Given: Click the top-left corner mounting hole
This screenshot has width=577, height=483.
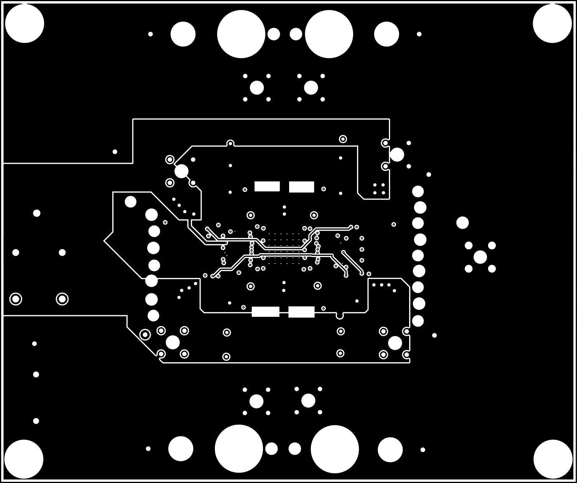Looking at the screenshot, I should click(24, 23).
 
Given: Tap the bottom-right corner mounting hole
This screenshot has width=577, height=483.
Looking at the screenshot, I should click(553, 459).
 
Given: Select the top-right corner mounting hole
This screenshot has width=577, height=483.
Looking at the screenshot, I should click(552, 23).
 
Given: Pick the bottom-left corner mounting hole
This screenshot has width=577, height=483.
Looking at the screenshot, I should click(24, 459).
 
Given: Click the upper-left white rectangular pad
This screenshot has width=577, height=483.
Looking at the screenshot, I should click(267, 186).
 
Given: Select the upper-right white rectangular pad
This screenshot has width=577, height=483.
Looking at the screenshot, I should click(302, 187).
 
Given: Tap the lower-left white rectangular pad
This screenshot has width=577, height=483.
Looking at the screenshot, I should click(265, 312).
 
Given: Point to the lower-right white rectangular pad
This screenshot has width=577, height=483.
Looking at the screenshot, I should click(302, 312).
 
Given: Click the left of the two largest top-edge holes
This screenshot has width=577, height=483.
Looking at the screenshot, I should click(241, 34).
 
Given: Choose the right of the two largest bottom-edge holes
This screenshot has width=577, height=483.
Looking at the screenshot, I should click(335, 449).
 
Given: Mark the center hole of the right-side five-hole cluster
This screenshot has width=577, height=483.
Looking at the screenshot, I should click(480, 257).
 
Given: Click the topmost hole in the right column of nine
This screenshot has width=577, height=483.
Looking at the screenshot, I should click(418, 191).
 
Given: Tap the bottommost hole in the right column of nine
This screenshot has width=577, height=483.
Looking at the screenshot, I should click(418, 321).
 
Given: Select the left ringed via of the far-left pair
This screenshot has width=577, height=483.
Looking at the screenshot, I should click(16, 299).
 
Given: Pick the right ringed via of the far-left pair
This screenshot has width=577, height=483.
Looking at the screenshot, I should click(62, 299).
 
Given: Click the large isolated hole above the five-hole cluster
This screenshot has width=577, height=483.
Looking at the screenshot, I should click(462, 223).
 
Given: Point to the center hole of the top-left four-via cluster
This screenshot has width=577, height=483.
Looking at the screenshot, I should click(256, 88).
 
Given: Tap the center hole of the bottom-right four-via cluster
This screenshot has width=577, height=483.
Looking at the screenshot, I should click(308, 401).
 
